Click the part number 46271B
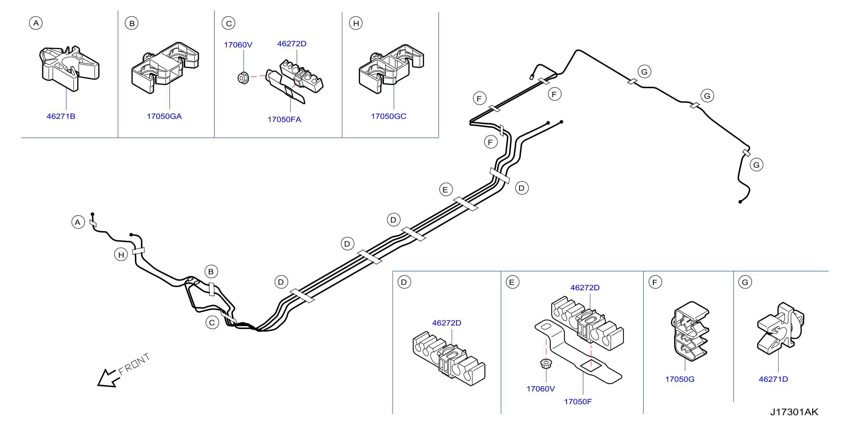61,116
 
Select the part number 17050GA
164,116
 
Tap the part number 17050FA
284,119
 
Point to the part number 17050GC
388,116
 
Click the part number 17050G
680,379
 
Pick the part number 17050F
578,402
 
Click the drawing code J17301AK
794,412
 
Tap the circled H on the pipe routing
121,255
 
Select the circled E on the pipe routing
446,189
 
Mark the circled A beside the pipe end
78,222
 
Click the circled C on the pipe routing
212,322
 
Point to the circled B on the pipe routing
211,272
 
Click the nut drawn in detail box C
243,78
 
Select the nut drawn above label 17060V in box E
546,364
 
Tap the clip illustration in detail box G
780,329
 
